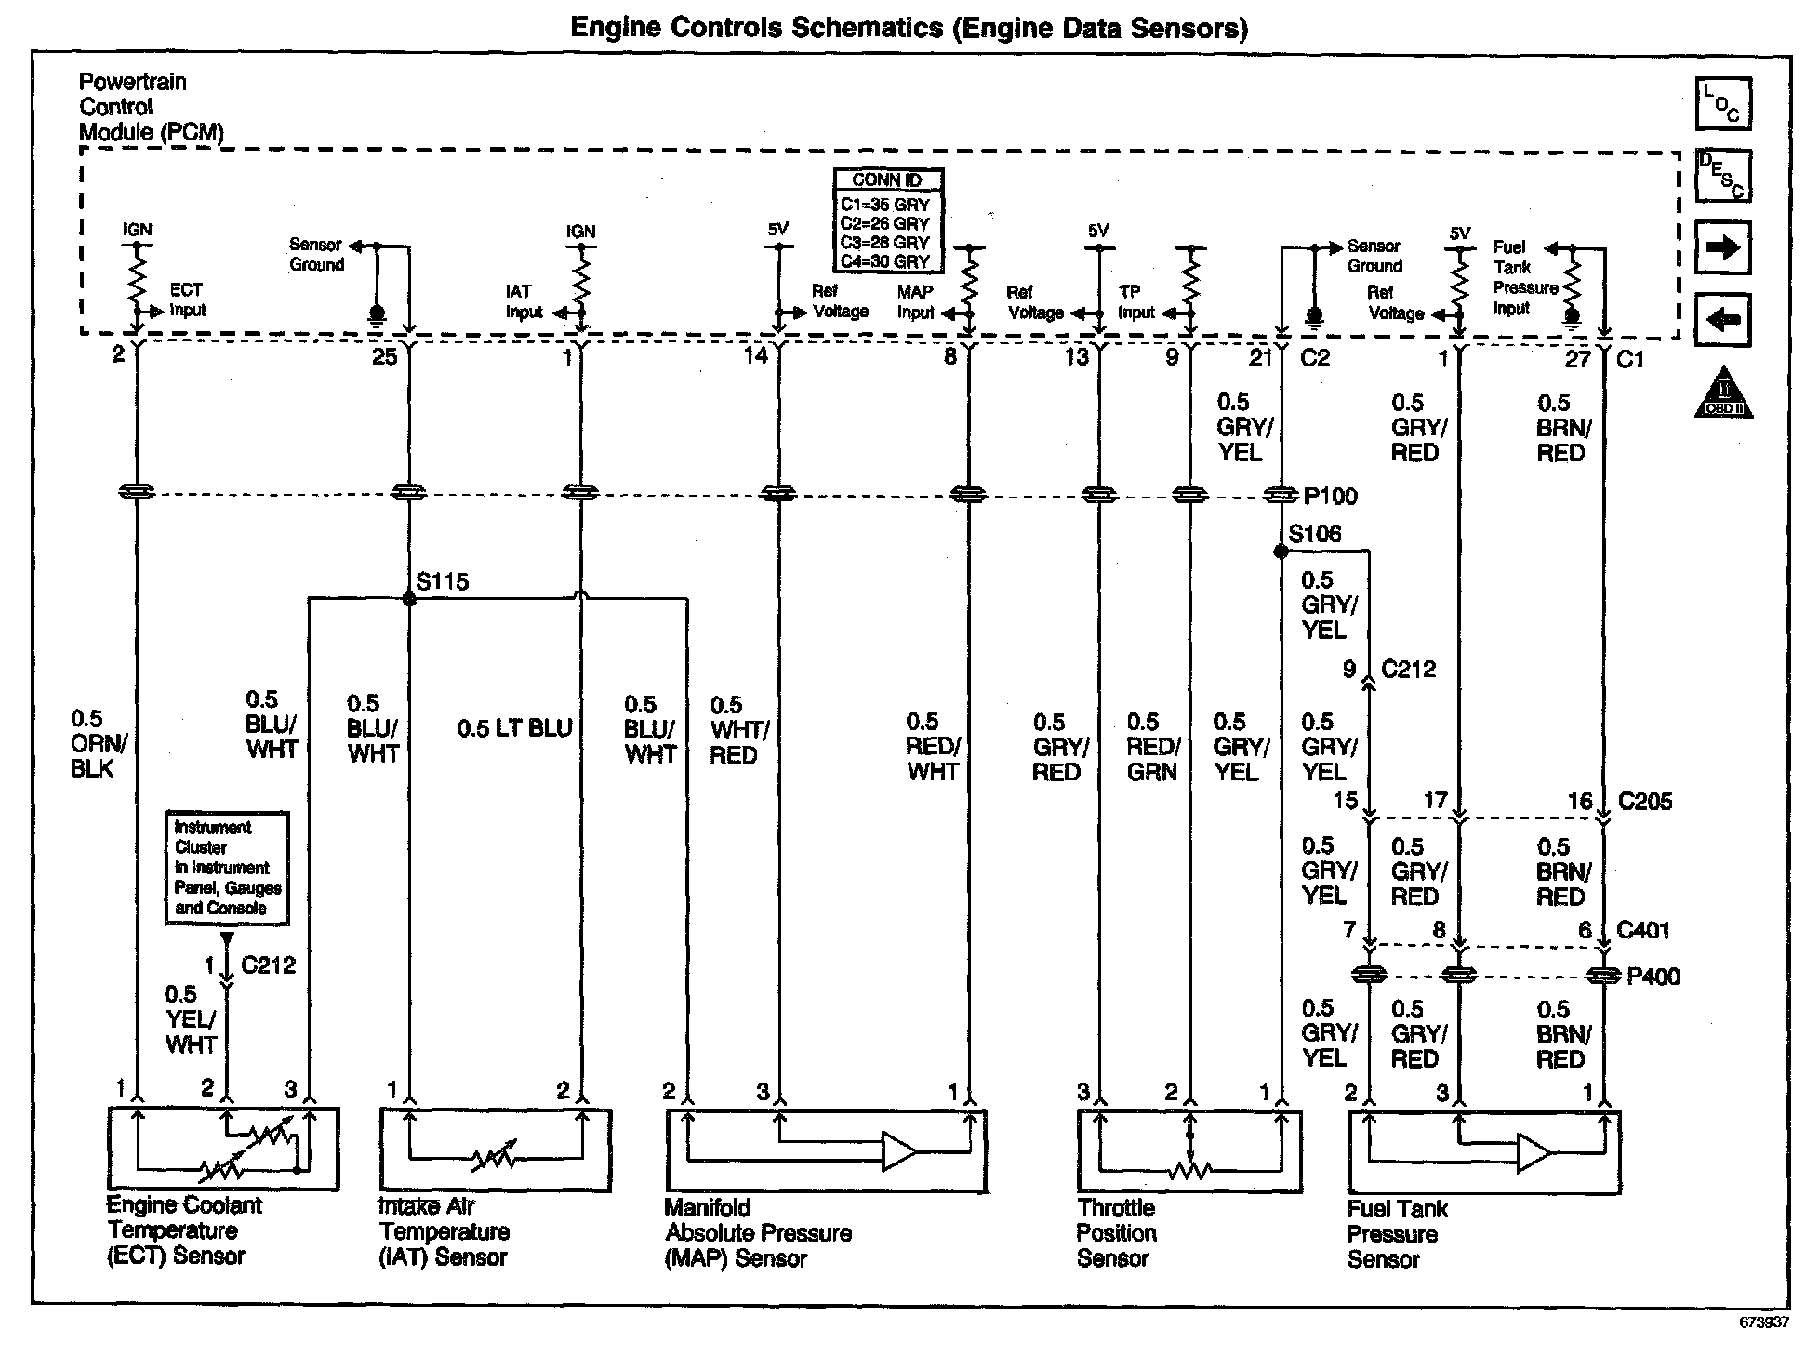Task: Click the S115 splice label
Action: (443, 582)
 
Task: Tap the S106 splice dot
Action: (1281, 552)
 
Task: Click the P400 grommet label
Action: (1653, 977)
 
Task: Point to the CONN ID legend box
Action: (886, 220)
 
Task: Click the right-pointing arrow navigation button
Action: (1722, 247)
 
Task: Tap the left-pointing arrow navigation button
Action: (1722, 320)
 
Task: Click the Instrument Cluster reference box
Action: (227, 868)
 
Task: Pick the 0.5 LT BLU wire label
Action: (514, 728)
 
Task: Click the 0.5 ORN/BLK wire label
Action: (98, 743)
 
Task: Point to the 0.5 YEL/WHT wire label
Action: (191, 1019)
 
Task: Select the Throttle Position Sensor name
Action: (1116, 1233)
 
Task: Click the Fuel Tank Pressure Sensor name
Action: (1396, 1234)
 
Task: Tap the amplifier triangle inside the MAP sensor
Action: (898, 1151)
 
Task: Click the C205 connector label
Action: (1644, 801)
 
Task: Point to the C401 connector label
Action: (1643, 929)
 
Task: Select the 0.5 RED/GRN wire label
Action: (1152, 747)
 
